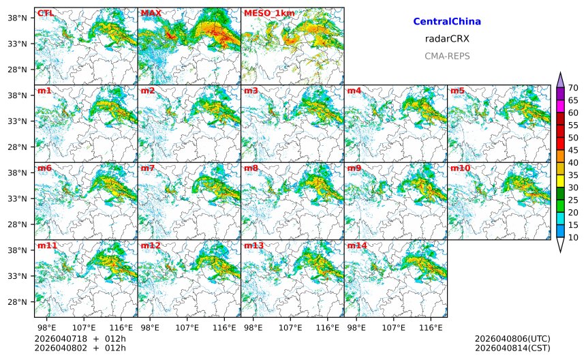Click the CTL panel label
coord(44,13)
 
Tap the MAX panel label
coord(151,13)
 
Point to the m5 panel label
coord(457,91)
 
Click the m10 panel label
coord(459,168)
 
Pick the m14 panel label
coord(356,245)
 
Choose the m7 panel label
coord(148,168)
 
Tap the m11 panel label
coord(46,245)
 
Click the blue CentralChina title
coord(447,22)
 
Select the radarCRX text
coord(447,39)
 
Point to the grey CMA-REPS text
coord(447,56)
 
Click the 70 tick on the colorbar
coord(573,87)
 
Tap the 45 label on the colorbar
coord(573,150)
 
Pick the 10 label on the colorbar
coord(573,237)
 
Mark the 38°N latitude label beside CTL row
coord(16,18)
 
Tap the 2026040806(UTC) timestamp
coord(512,339)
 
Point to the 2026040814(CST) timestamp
coord(512,348)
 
